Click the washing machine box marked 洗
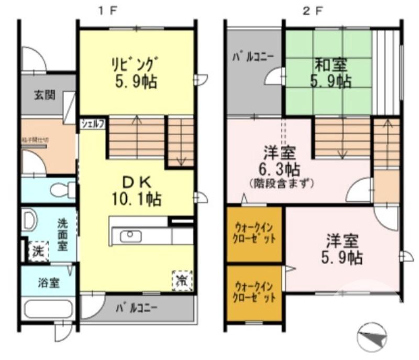point(38,251)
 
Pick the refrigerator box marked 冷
point(182,279)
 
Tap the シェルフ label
point(93,124)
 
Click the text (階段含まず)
point(281,183)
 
